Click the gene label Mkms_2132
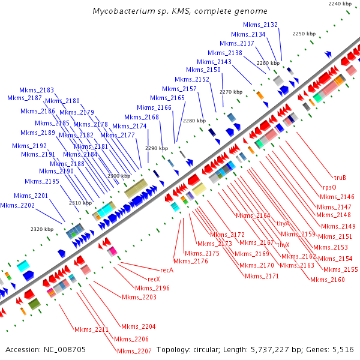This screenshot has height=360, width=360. click(260, 25)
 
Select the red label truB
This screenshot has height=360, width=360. click(340, 177)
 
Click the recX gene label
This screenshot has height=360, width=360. click(154, 279)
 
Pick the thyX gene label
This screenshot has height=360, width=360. click(283, 244)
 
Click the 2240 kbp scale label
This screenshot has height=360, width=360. click(340, 4)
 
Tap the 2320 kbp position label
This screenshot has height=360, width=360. click(41, 229)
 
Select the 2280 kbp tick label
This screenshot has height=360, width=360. click(194, 121)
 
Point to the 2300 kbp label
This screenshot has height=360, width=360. click(118, 176)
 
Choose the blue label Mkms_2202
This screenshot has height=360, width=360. click(17, 205)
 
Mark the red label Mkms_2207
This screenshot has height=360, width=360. click(134, 351)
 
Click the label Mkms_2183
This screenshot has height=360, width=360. click(37, 90)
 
